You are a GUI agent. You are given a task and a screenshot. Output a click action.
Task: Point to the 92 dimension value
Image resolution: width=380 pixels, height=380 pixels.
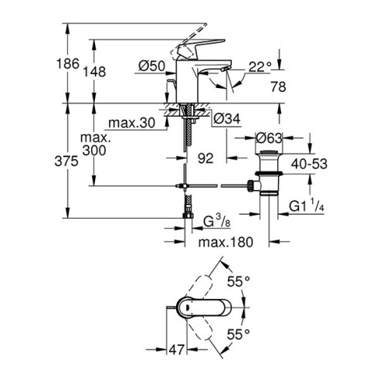pyautogui.click(x=205, y=159)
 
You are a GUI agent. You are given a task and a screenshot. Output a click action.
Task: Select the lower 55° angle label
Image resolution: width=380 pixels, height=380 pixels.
pyautogui.click(x=239, y=334)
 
